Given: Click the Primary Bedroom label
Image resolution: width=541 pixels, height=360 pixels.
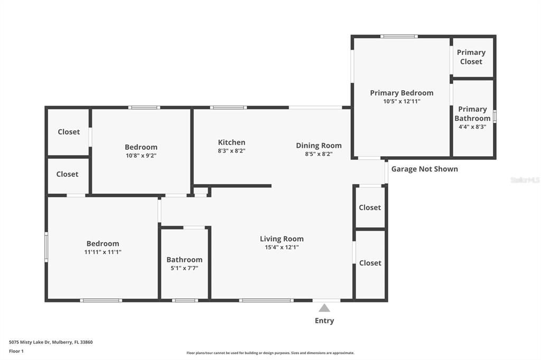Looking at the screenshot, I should pyautogui.click(x=402, y=93).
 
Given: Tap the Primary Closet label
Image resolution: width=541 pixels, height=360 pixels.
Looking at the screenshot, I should pyautogui.click(x=471, y=57).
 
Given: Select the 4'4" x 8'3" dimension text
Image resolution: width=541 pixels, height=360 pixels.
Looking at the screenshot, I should pyautogui.click(x=472, y=127).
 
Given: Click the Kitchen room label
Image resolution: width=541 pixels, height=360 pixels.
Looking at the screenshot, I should pyautogui.click(x=231, y=143).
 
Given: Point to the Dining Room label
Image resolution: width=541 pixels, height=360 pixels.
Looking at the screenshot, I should pyautogui.click(x=319, y=146).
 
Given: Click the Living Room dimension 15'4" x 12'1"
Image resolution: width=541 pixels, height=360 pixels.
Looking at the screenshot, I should pyautogui.click(x=282, y=247).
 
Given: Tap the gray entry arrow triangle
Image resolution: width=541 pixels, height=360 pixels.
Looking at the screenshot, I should pyautogui.click(x=324, y=308).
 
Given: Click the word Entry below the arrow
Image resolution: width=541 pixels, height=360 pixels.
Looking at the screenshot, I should pyautogui.click(x=324, y=320).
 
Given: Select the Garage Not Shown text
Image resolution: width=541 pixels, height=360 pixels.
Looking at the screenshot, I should pyautogui.click(x=424, y=169).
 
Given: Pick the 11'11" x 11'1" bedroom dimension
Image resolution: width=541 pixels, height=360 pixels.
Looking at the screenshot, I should pyautogui.click(x=102, y=252).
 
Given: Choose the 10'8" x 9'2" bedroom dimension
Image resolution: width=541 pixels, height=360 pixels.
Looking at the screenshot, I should pyautogui.click(x=141, y=156).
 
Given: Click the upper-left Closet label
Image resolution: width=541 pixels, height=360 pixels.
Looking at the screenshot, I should pyautogui.click(x=69, y=132).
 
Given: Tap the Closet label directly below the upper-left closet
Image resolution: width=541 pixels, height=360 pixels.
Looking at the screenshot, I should pyautogui.click(x=67, y=174).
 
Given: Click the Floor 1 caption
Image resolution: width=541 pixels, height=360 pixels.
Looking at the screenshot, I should pyautogui.click(x=16, y=351).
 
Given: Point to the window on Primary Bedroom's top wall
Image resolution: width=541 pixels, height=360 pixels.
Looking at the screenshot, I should pyautogui.click(x=399, y=36).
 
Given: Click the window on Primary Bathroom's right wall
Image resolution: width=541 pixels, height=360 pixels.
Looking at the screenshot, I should pyautogui.click(x=495, y=116).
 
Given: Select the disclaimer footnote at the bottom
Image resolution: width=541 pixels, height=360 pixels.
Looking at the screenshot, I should pyautogui.click(x=270, y=353).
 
